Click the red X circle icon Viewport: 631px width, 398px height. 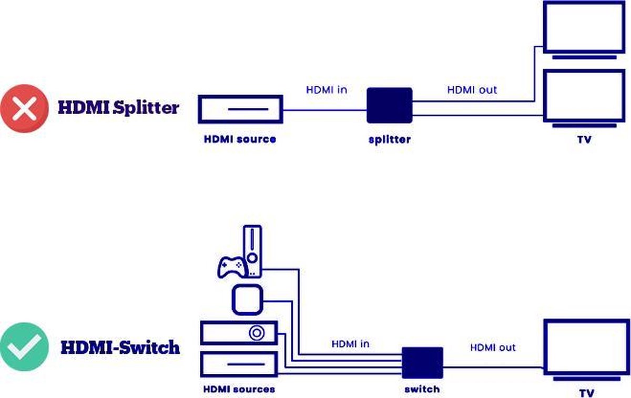click(x=24, y=109)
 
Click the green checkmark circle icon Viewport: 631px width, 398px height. click(x=24, y=348)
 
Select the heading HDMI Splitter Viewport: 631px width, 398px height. click(x=118, y=108)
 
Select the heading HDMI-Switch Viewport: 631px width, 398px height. click(x=120, y=348)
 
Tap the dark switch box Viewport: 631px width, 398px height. click(x=423, y=363)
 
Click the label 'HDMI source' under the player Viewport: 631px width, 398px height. click(x=240, y=139)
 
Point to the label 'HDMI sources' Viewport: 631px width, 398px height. click(x=239, y=390)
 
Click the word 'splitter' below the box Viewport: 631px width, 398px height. click(x=389, y=140)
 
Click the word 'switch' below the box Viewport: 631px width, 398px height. click(x=422, y=390)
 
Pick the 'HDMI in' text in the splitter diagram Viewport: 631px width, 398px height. click(x=327, y=90)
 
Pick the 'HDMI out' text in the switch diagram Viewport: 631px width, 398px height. click(x=493, y=348)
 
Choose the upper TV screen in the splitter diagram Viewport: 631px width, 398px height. click(x=581, y=27)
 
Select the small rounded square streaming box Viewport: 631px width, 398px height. click(x=247, y=301)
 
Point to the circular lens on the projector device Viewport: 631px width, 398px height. click(x=258, y=333)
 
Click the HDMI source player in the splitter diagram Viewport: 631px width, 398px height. click(x=240, y=109)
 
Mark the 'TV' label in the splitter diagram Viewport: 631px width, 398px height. click(x=584, y=140)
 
